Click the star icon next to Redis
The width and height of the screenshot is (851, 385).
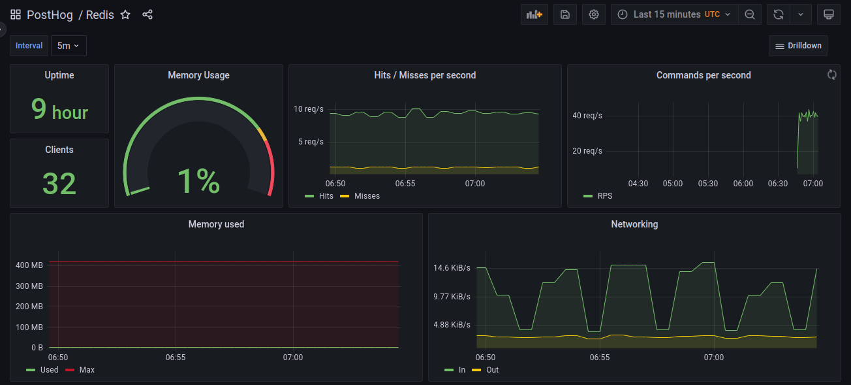pos(125,14)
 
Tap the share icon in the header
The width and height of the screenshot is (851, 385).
pos(147,14)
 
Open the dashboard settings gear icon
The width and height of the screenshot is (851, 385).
pos(593,14)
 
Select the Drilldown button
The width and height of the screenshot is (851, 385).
pos(797,46)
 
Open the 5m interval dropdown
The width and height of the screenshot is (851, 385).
pos(68,46)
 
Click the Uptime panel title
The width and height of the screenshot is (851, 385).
pos(59,75)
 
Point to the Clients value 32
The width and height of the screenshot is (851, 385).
pos(59,183)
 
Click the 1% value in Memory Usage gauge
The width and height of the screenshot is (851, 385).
pos(198,181)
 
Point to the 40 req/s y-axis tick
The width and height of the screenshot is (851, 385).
pos(587,116)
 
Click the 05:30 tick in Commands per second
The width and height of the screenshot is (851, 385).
pos(708,184)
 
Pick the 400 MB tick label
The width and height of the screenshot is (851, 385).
pos(29,265)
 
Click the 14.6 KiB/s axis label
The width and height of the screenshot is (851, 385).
pos(452,268)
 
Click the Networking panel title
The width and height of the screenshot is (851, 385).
pos(634,224)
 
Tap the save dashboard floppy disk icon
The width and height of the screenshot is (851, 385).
pos(565,14)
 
